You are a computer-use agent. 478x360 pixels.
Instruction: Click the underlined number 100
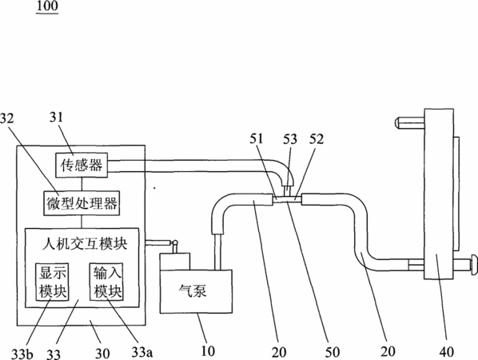47,6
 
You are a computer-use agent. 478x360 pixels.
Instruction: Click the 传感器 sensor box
82,165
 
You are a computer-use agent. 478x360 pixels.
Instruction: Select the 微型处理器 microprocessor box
82,203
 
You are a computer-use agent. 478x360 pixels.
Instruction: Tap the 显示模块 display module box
52,282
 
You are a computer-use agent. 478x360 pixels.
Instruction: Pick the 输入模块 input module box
106,282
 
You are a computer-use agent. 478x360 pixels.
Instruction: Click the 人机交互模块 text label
85,244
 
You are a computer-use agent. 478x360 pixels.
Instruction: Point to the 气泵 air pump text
193,290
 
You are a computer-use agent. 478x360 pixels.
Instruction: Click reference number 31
57,117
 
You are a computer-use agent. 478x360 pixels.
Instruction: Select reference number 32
7,118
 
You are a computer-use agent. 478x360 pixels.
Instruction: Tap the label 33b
22,354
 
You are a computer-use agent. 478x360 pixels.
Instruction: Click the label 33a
142,352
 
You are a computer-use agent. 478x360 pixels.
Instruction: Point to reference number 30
102,354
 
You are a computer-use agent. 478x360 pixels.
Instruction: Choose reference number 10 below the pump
208,351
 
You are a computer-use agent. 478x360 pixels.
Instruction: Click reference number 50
333,352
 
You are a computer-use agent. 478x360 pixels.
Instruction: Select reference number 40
447,352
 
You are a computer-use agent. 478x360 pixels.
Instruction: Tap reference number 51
257,139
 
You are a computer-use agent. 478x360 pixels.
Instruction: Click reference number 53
290,139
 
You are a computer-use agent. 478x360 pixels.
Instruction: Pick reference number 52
317,139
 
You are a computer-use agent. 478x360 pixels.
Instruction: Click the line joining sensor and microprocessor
82,184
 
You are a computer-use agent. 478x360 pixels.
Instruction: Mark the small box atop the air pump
175,261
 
